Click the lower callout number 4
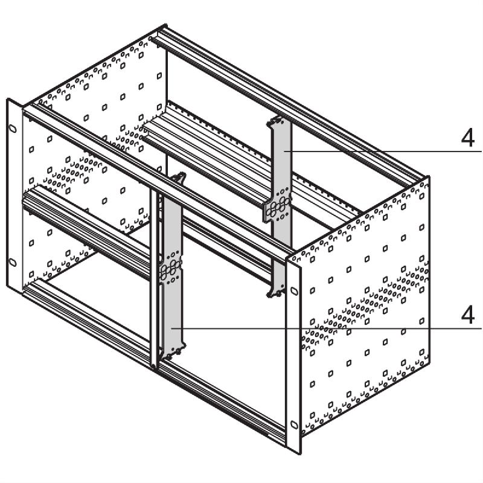click(x=467, y=315)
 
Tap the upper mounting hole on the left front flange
click(x=12, y=127)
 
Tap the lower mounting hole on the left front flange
click(x=12, y=261)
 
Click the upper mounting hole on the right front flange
click(x=294, y=290)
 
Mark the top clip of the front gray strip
click(x=179, y=178)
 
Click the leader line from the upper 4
click(x=386, y=150)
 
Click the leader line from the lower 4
click(x=332, y=328)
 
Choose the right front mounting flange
click(x=294, y=356)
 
